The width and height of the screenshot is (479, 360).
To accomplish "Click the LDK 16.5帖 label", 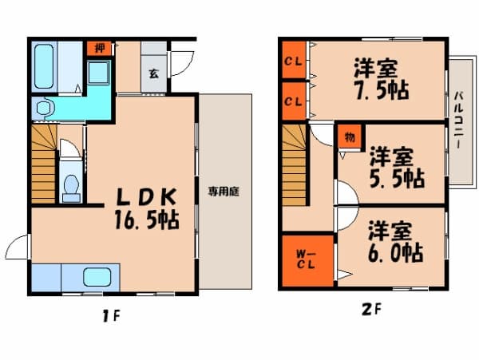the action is click(x=147, y=208).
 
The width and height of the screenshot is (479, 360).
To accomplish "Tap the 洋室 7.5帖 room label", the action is click(x=382, y=80).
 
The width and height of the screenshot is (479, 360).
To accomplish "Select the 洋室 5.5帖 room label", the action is click(x=397, y=168).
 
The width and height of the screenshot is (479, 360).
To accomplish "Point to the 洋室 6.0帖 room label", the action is click(x=395, y=242).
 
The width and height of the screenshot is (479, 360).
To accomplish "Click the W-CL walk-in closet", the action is click(x=307, y=261).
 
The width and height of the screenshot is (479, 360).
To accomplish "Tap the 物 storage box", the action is click(x=350, y=137).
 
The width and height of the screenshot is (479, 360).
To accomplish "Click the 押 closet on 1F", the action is click(x=99, y=48).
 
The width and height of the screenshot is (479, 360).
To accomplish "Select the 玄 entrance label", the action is click(x=153, y=73).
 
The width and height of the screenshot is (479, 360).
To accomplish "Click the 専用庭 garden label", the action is click(x=224, y=192).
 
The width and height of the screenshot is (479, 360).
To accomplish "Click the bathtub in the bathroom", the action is click(x=44, y=66).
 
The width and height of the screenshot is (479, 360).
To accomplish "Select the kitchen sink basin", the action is click(x=97, y=277).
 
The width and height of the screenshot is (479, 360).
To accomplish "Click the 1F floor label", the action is click(x=111, y=316).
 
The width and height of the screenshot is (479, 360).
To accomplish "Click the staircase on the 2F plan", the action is click(x=294, y=165).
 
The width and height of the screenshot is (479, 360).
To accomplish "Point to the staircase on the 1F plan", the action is click(x=44, y=164).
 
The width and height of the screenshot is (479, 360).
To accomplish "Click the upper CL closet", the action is click(x=294, y=60).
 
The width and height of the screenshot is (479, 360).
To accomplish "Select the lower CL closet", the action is click(x=294, y=101).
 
